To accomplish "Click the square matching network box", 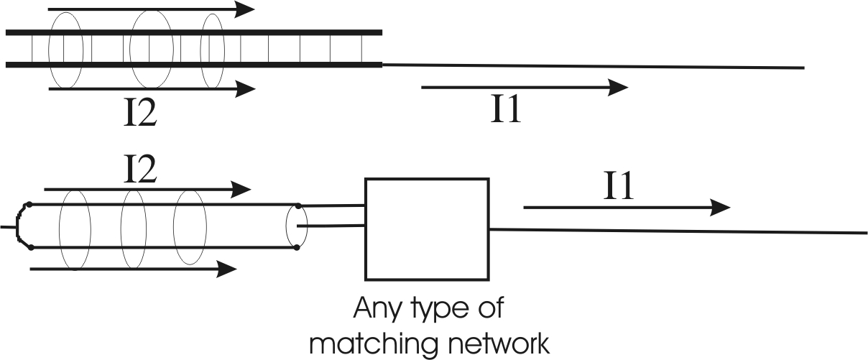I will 427,228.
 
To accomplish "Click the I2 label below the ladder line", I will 140,113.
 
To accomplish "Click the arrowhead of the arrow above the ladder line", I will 246,9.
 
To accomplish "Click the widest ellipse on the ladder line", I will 151,47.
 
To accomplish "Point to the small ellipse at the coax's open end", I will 296,226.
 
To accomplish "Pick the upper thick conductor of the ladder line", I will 194,32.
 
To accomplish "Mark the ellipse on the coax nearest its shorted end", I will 75,227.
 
